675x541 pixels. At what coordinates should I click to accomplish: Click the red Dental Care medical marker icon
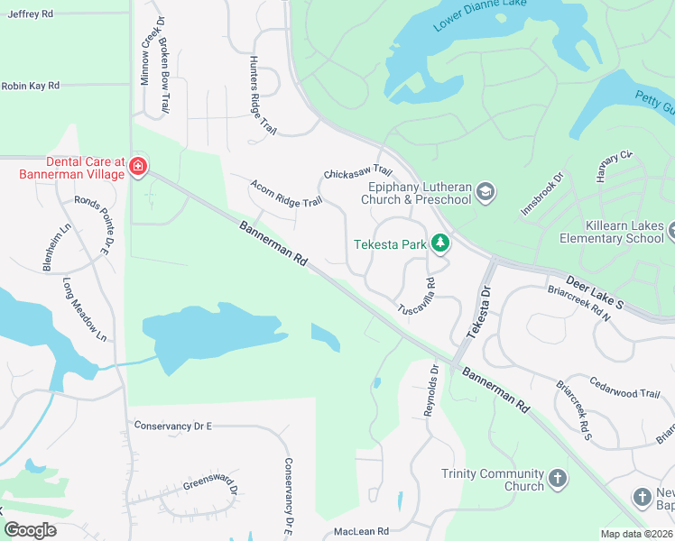pyautogui.click(x=137, y=167)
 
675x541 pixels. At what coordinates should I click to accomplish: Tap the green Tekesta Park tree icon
pyautogui.click(x=440, y=243)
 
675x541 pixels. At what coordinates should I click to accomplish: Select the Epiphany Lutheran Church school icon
pyautogui.click(x=485, y=191)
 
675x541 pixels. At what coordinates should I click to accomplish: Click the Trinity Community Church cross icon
pyautogui.click(x=558, y=478)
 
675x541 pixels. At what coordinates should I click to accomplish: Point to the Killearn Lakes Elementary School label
pyautogui.click(x=611, y=232)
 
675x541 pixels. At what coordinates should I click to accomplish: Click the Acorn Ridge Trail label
pyautogui.click(x=286, y=191)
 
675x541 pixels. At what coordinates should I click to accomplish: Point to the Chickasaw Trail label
pyautogui.click(x=358, y=171)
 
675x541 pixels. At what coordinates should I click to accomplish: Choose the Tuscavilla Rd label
pyautogui.click(x=417, y=296)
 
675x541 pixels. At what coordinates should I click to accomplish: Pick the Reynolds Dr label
pyautogui.click(x=430, y=390)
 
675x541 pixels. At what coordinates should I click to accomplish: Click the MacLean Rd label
pyautogui.click(x=358, y=532)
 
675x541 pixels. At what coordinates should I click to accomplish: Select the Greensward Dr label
pyautogui.click(x=210, y=488)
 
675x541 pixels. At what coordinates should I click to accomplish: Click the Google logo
pyautogui.click(x=30, y=530)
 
